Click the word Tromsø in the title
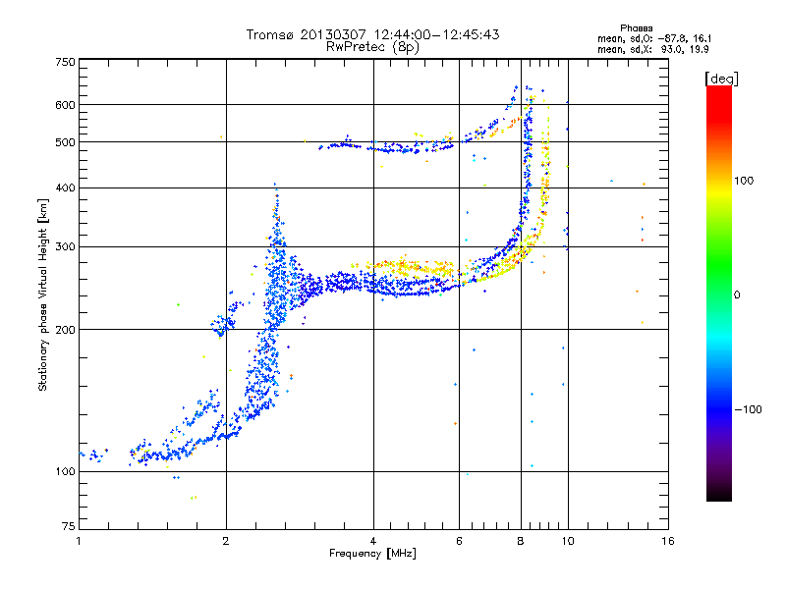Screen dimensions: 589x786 [272, 34]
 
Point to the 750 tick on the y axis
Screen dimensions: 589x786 [64, 62]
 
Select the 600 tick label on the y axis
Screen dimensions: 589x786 [64, 105]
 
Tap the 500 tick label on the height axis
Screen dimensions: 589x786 [64, 142]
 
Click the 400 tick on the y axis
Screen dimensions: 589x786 [64, 187]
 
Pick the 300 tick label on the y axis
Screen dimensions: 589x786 [64, 246]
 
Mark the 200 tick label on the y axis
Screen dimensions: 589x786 [64, 330]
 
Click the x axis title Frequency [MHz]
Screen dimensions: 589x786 [372, 554]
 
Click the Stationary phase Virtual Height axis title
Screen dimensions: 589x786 [43, 294]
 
